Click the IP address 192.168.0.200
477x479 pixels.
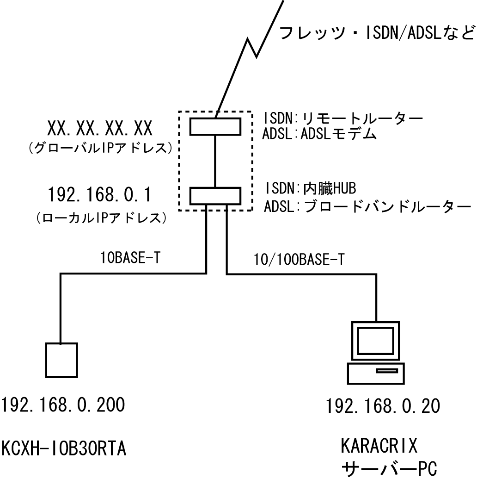63,406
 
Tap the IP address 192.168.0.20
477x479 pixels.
383,407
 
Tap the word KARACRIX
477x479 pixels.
379,447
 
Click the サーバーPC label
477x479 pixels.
389,469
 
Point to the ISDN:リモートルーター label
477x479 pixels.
343,118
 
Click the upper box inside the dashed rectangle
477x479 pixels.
215,126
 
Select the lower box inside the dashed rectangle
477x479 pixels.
215,195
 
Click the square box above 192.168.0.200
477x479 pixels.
61,360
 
